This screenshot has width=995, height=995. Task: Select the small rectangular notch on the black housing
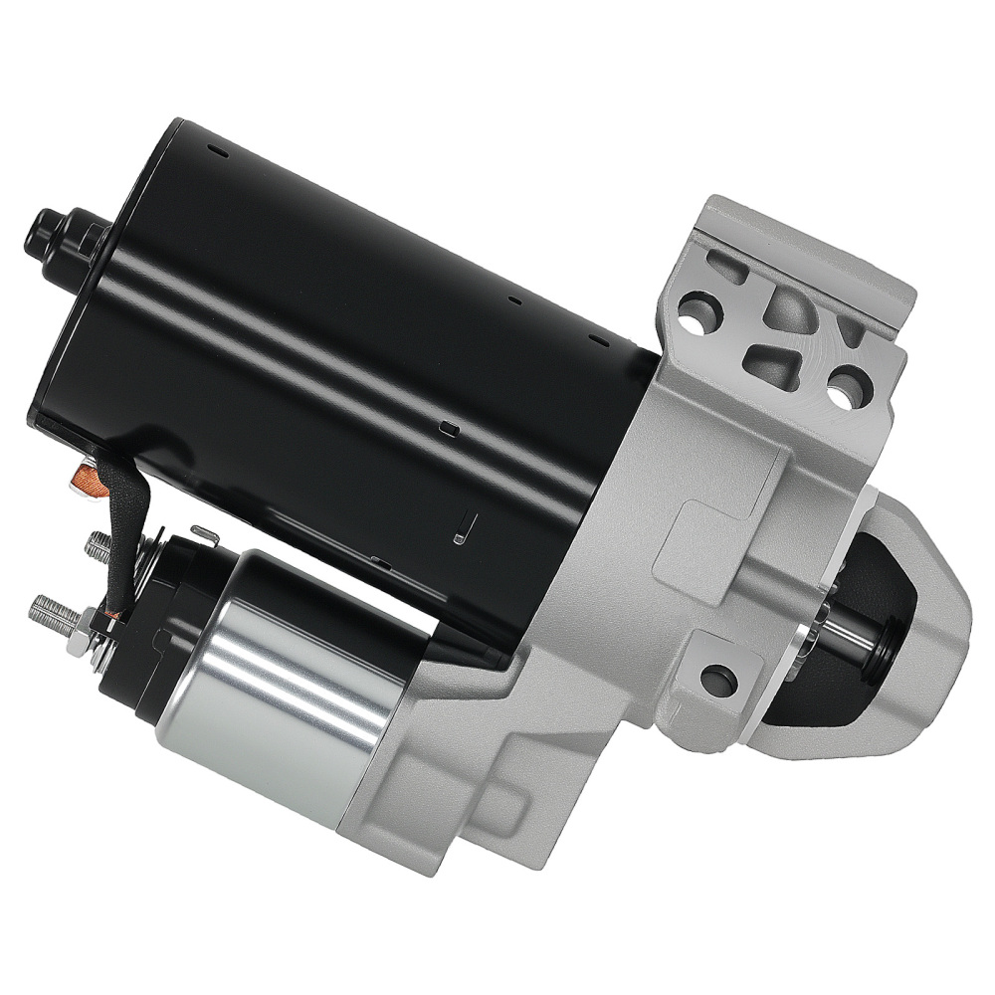pos(447,430)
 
